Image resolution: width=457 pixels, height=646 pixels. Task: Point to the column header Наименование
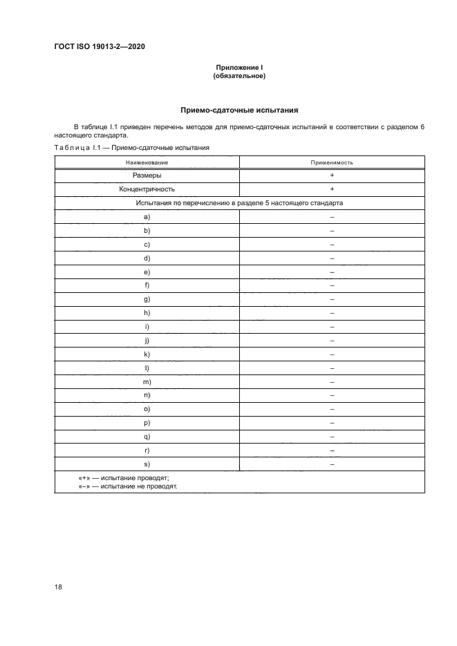147,162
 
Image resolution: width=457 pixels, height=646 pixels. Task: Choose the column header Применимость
332,162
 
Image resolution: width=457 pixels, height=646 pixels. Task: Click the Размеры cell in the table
147,175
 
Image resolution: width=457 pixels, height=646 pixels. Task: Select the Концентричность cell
147,189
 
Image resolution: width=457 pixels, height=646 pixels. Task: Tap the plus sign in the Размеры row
332,175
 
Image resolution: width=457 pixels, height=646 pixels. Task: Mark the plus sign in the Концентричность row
332,189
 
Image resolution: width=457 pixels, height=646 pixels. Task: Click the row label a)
147,217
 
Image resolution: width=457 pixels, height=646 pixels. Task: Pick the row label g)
147,299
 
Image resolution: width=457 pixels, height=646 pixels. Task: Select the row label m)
147,381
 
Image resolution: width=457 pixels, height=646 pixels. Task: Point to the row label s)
147,464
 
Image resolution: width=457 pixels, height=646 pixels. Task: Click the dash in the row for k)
332,354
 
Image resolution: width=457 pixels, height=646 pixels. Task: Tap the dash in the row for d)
332,258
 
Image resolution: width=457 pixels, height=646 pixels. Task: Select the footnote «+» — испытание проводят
124,478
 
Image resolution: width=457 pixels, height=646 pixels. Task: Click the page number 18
58,586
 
